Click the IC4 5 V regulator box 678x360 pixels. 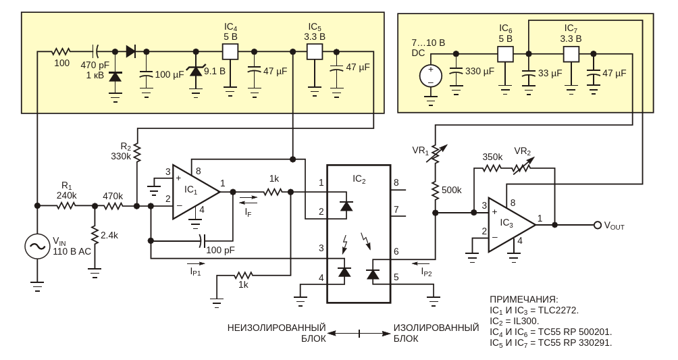click(230, 52)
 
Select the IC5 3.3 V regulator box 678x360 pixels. click(315, 52)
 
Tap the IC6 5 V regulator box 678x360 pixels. click(505, 54)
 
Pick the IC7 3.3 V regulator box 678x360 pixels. click(571, 54)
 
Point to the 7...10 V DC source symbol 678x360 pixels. click(431, 76)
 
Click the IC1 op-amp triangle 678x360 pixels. click(195, 191)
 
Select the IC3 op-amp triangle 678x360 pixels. click(512, 224)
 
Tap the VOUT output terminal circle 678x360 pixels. click(598, 225)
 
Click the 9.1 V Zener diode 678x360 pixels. click(195, 70)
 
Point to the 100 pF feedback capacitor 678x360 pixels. click(202, 240)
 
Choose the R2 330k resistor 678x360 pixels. click(137, 152)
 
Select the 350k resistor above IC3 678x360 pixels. click(492, 168)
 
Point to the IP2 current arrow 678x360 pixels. click(421, 263)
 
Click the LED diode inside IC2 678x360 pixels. click(346, 205)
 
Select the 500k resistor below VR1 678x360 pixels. click(436, 190)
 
